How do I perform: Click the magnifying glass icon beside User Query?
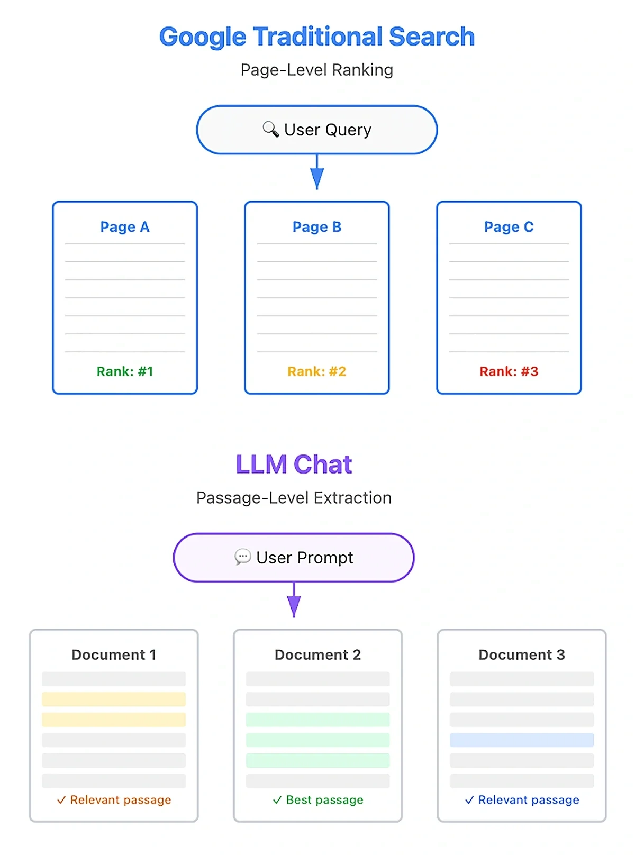click(270, 129)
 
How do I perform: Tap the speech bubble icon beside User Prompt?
click(242, 557)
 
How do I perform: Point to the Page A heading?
click(125, 227)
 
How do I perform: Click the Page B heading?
click(317, 227)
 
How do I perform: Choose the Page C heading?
click(509, 227)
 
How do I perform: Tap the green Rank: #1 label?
click(125, 371)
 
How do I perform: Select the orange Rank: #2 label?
click(317, 371)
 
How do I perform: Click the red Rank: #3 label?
click(509, 371)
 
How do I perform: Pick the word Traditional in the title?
click(317, 37)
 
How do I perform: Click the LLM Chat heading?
click(294, 465)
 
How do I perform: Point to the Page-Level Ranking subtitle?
click(316, 70)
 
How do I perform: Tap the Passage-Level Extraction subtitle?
click(294, 498)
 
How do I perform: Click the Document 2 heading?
click(317, 655)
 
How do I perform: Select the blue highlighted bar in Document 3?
click(522, 740)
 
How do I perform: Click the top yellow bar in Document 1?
click(114, 699)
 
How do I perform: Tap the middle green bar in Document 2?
click(317, 740)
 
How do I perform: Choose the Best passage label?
click(324, 800)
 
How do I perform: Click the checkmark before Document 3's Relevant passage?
click(469, 800)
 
